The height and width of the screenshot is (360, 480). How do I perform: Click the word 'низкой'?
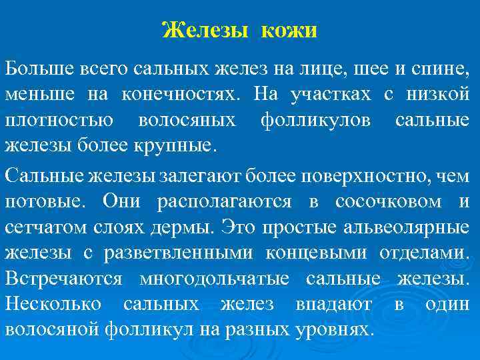click(x=438, y=94)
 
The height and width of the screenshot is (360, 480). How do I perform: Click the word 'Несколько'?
click(x=53, y=303)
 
